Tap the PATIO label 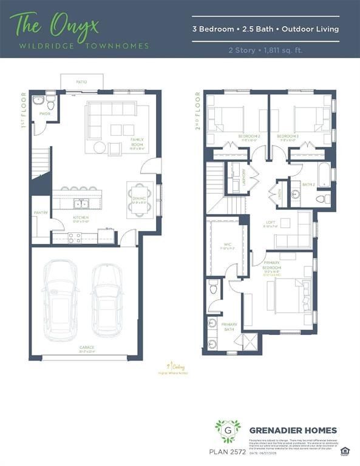tap(81, 81)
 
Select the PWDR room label tap(44, 113)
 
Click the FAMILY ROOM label tap(137, 141)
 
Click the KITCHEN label tap(81, 217)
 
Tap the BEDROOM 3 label tap(287, 137)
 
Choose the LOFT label tap(270, 223)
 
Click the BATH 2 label tap(308, 183)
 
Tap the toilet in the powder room tap(50, 106)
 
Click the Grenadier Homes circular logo tap(227, 431)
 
